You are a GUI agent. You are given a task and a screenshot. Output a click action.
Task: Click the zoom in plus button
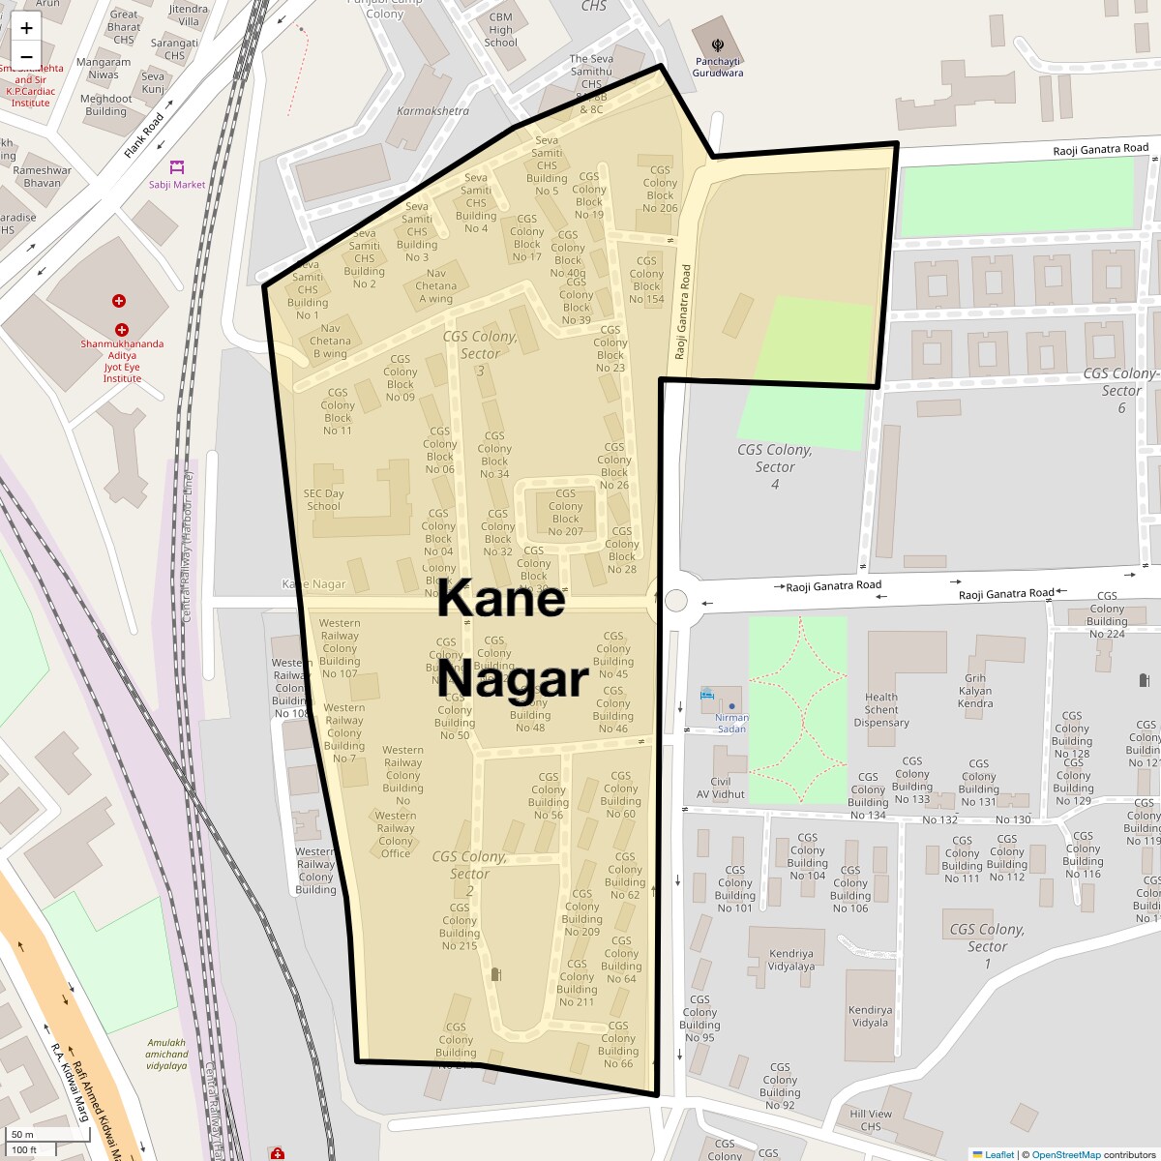point(26,28)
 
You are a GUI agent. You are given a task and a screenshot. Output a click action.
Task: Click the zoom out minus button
point(26,56)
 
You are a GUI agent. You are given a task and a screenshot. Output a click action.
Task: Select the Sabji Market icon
point(176,167)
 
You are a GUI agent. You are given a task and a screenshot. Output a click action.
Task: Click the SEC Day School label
point(323,499)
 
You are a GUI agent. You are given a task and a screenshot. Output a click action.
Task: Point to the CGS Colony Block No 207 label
point(566,513)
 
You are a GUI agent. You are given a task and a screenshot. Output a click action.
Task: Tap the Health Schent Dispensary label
point(881,709)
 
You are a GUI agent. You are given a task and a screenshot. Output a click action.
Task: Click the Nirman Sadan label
point(731,723)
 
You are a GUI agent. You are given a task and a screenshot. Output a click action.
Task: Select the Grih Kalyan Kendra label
point(975,691)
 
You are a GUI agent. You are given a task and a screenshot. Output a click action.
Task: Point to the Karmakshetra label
point(432,111)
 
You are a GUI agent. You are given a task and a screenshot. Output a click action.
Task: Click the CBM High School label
point(500,30)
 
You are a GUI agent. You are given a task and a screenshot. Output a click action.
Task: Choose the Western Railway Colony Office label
point(396,834)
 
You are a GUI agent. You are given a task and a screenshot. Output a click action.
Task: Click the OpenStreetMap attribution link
point(1065,1154)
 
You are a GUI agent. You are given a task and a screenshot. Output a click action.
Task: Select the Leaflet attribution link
point(998,1154)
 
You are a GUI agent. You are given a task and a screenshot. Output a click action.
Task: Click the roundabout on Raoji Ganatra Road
point(674,601)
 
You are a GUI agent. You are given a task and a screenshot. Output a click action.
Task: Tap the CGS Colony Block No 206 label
point(660,189)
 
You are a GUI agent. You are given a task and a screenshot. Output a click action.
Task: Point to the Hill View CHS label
point(871,1119)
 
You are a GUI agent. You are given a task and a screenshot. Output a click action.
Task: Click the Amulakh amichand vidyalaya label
point(167,1054)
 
